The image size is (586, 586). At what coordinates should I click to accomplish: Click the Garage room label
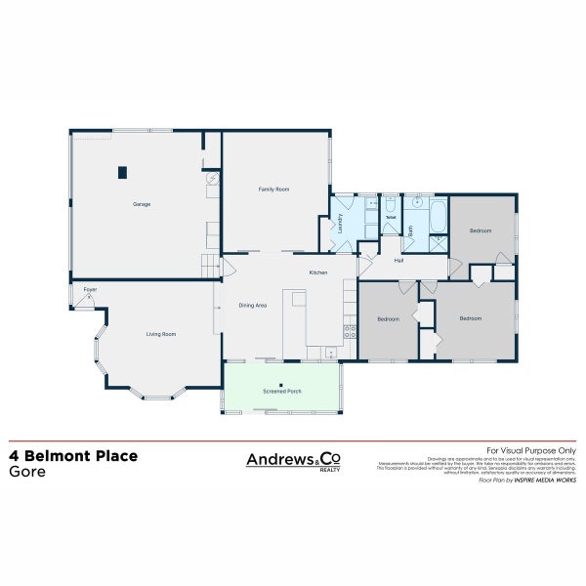(142, 204)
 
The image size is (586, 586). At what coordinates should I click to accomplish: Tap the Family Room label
(273, 188)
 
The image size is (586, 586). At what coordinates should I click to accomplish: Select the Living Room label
(161, 334)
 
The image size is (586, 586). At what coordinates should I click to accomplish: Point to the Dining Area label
(253, 306)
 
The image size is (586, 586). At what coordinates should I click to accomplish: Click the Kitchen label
(318, 272)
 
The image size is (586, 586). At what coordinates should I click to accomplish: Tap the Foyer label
(90, 290)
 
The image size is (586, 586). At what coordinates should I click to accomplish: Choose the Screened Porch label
(282, 391)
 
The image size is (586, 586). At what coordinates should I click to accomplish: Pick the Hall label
(399, 261)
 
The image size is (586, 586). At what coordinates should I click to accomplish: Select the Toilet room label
(390, 217)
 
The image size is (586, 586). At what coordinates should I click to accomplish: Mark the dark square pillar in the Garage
(122, 173)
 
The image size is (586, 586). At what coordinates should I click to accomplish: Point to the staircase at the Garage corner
(209, 264)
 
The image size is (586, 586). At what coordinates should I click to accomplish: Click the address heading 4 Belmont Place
(73, 455)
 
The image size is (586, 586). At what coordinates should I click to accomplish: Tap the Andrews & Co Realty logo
(292, 460)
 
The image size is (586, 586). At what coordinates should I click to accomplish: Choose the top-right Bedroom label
(480, 230)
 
